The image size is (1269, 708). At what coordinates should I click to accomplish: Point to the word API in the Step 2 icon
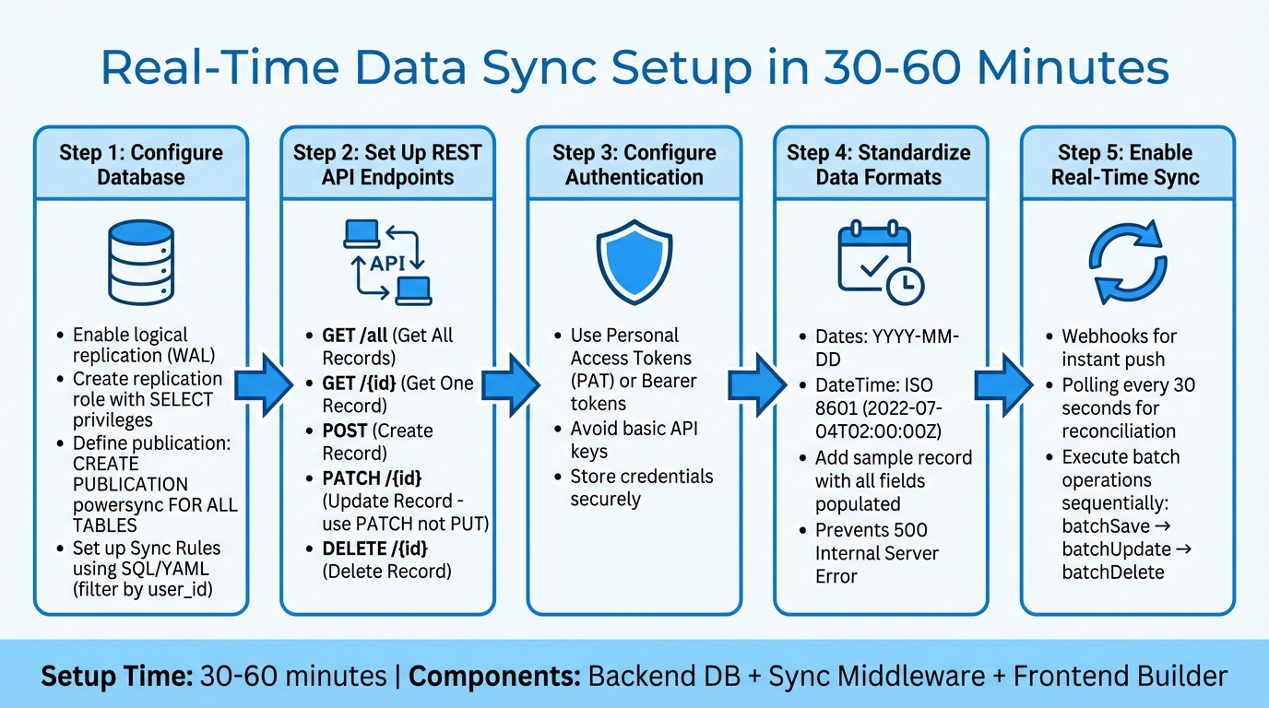pyautogui.click(x=388, y=264)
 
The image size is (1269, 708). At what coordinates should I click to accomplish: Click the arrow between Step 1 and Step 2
pyautogui.click(x=264, y=380)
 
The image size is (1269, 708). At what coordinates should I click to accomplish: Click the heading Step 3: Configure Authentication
pyautogui.click(x=634, y=165)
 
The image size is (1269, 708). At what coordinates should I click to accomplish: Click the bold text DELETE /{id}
pyautogui.click(x=375, y=549)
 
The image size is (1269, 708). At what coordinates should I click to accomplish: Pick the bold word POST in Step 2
pyautogui.click(x=346, y=431)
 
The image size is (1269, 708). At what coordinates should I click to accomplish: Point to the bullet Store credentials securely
pyautogui.click(x=641, y=488)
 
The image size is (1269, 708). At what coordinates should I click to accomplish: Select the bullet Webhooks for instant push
pyautogui.click(x=1119, y=348)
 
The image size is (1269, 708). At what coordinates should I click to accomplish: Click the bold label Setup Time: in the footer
pyautogui.click(x=115, y=677)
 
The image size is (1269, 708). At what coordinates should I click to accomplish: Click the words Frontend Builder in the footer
pyautogui.click(x=1121, y=677)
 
